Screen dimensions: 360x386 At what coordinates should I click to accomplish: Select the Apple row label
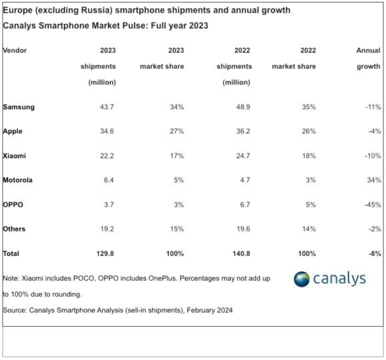[13, 131]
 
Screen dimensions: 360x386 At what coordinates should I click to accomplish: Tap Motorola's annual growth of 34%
[373, 180]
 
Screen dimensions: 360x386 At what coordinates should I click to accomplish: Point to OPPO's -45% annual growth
[371, 204]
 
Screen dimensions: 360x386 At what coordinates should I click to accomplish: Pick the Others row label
[14, 229]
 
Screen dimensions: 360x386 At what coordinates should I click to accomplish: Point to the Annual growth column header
[368, 59]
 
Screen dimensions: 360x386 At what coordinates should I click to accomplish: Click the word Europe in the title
[19, 11]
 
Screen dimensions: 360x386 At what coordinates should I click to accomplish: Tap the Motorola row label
[18, 180]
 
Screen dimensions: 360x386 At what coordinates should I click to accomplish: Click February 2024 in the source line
[211, 310]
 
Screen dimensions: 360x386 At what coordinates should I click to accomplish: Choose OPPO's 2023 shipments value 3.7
[107, 204]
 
